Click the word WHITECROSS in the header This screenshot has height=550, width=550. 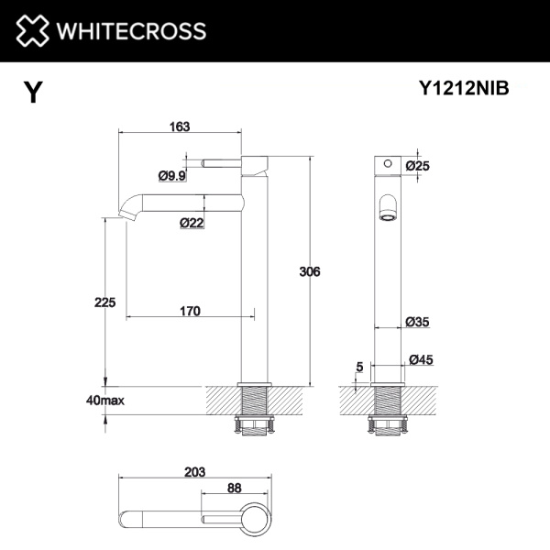pos(132,30)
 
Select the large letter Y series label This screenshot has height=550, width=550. pos(33,92)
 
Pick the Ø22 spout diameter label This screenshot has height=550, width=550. pos(192,222)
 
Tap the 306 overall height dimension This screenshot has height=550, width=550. pos(311,271)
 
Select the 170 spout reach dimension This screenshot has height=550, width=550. pos(190,310)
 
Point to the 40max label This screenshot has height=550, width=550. pos(104,401)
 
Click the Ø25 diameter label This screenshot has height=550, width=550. pos(418,165)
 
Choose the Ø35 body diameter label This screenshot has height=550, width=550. pos(418,322)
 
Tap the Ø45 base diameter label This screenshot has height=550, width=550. pos(421,359)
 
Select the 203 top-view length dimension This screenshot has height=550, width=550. pos(195,471)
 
